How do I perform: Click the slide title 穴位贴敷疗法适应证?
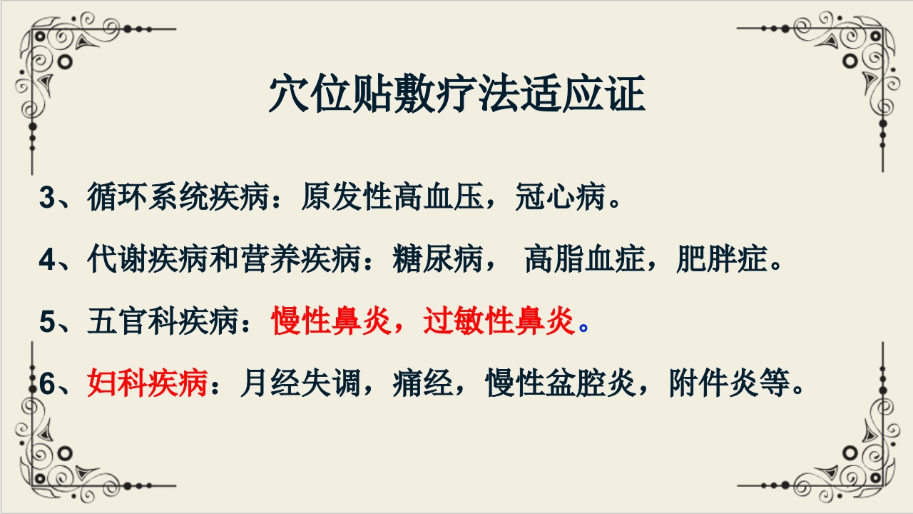(456, 94)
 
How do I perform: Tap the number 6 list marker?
(47, 384)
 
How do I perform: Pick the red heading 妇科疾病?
(148, 384)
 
